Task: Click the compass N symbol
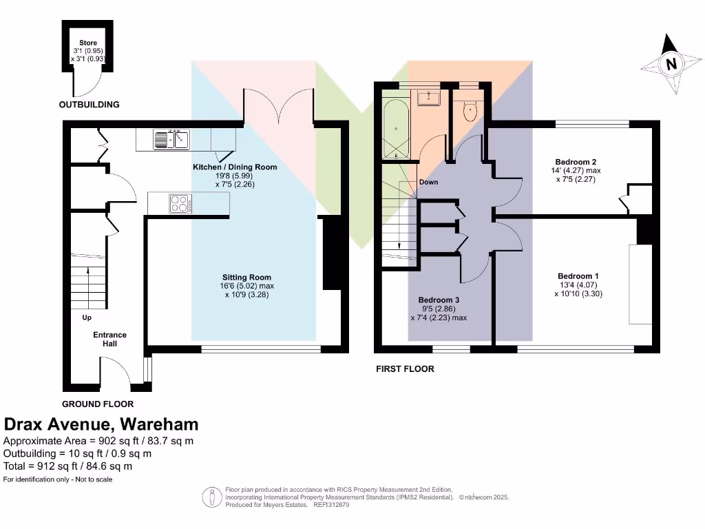[x=669, y=65]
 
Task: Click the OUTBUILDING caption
[x=89, y=105]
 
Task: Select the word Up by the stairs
[x=87, y=318]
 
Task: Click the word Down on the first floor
[x=428, y=183]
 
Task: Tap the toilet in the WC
[x=471, y=111]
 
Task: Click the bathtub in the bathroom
[x=396, y=129]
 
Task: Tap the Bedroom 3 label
[x=439, y=300]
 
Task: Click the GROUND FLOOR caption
[x=98, y=404]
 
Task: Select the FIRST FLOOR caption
[x=405, y=369]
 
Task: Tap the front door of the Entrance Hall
[x=115, y=373]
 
